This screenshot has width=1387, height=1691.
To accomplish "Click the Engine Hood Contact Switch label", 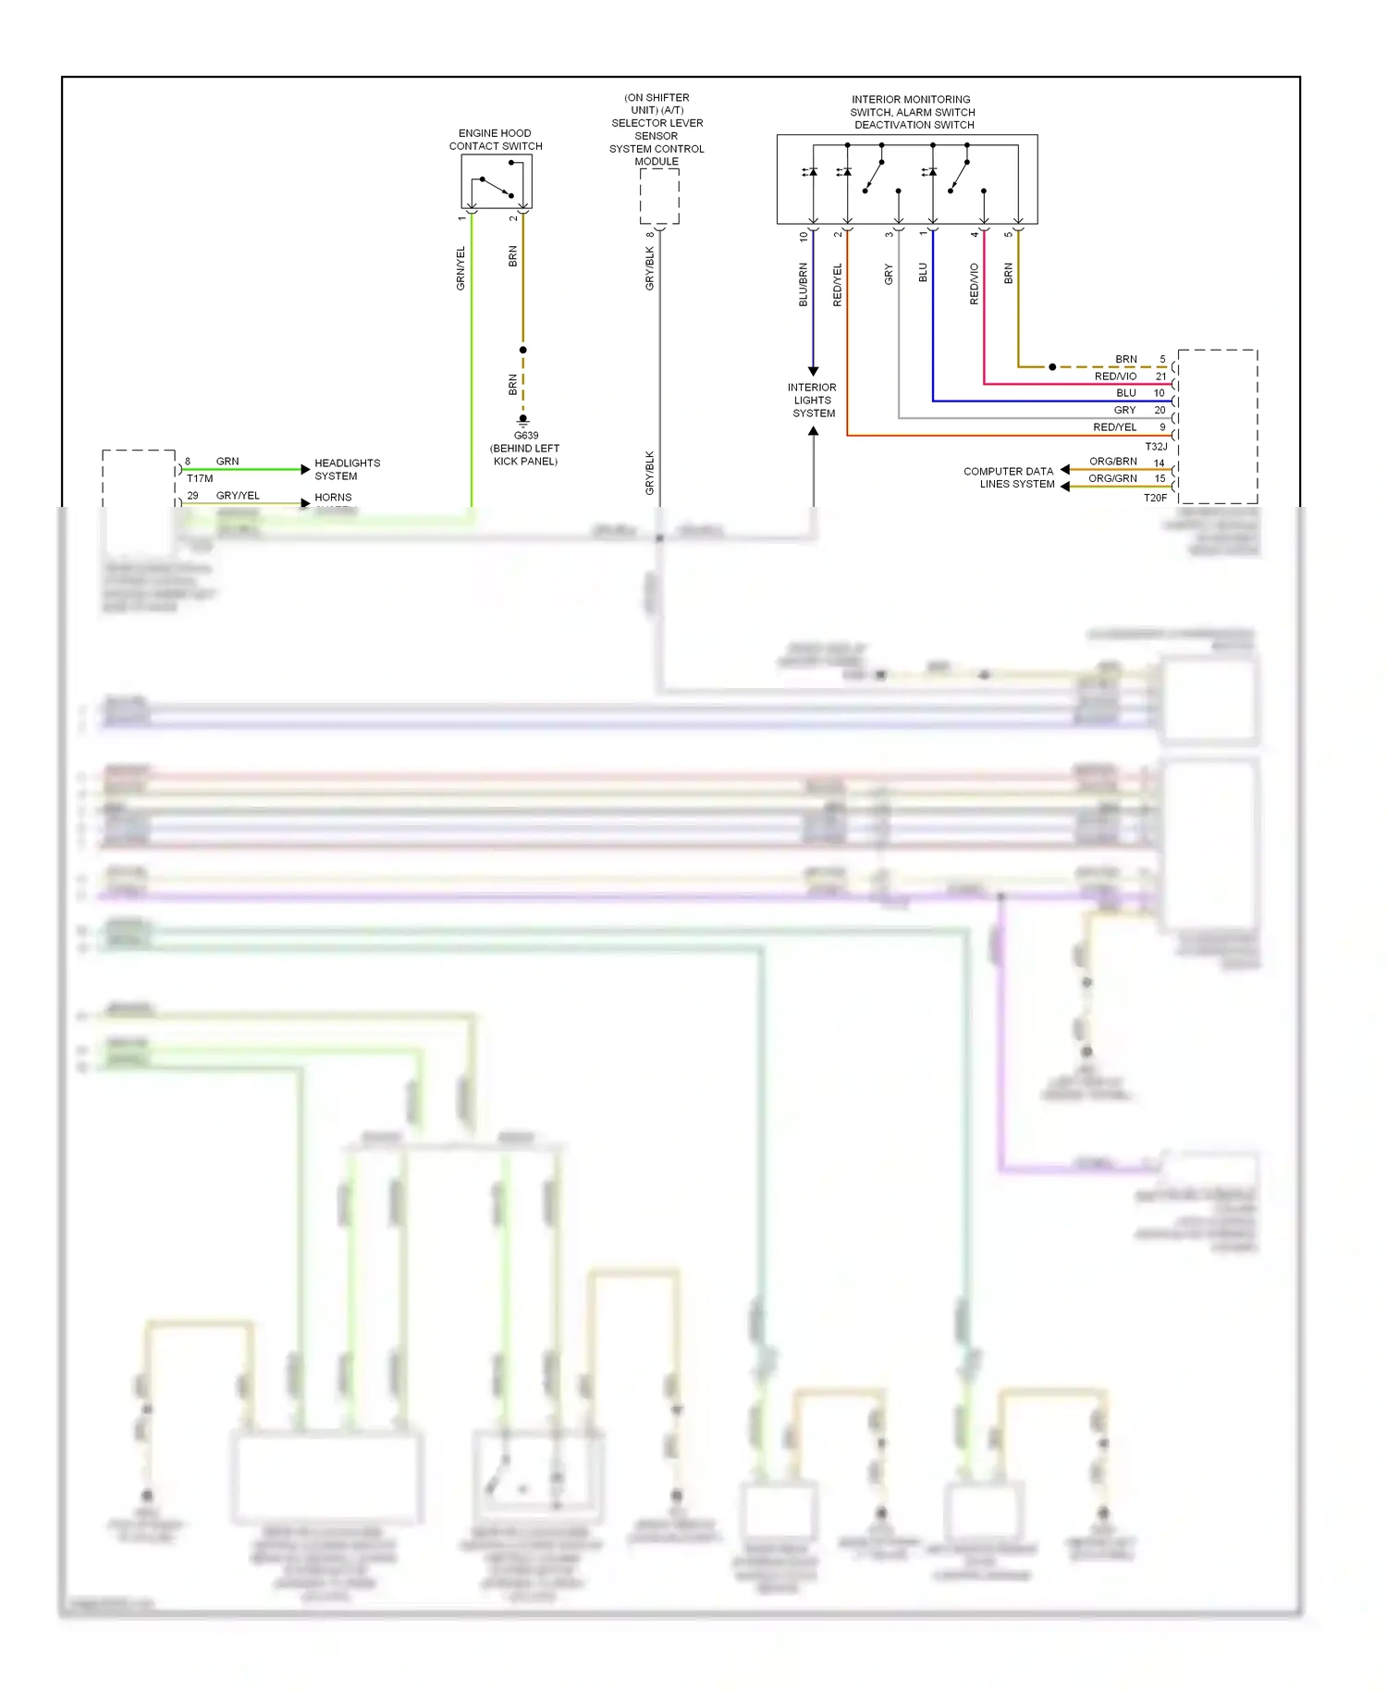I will tap(495, 140).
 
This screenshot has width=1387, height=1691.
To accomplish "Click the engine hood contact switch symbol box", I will tap(497, 181).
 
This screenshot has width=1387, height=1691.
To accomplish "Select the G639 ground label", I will tap(525, 436).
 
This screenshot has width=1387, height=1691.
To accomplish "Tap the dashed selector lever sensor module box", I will tap(659, 196).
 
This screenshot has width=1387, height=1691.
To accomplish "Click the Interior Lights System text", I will tap(813, 401).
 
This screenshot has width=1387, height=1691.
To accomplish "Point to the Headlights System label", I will tap(347, 469).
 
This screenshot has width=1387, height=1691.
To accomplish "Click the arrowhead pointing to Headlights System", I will tap(305, 470).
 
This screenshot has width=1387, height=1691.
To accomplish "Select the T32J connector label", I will tap(1155, 447).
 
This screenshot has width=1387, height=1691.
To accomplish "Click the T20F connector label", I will tap(1155, 498).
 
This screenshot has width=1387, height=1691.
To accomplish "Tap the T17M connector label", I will tap(200, 478).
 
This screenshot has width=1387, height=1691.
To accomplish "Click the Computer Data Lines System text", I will tap(1009, 477).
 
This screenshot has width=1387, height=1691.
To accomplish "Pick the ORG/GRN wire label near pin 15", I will tap(1112, 478).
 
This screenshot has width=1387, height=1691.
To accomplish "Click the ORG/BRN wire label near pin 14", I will tap(1112, 461).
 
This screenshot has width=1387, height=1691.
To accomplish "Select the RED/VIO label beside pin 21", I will tap(1115, 376).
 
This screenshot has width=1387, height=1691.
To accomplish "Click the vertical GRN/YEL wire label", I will tap(460, 268).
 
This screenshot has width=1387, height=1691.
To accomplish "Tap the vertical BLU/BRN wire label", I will tap(803, 284).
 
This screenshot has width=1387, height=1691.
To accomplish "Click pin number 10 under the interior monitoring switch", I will tap(803, 236).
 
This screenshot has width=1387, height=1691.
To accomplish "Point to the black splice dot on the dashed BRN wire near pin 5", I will tap(1052, 367).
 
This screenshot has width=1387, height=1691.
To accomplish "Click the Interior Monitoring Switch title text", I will tap(912, 112).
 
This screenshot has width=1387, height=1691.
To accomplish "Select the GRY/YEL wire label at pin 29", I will tap(238, 496).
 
